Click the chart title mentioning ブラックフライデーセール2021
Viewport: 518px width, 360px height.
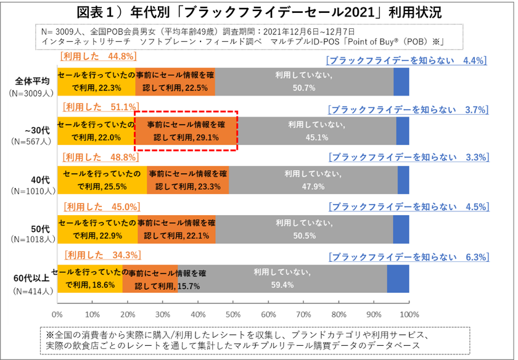pos(259,12)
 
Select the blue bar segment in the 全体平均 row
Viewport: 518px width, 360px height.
pos(401,81)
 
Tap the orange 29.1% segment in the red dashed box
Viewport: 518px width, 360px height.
pos(187,131)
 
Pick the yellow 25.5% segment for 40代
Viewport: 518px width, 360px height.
pos(102,180)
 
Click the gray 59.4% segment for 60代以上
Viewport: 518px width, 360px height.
pos(282,279)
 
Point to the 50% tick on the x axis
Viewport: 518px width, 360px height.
pos(233,303)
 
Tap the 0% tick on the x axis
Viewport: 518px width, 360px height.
pos(58,303)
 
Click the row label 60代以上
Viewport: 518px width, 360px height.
pos(32,279)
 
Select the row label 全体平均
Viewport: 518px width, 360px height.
pos(33,81)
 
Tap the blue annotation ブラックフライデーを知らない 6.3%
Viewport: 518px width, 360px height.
pos(408,256)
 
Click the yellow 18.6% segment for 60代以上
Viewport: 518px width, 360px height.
pos(90,279)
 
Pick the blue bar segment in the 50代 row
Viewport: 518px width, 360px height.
pos(401,229)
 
